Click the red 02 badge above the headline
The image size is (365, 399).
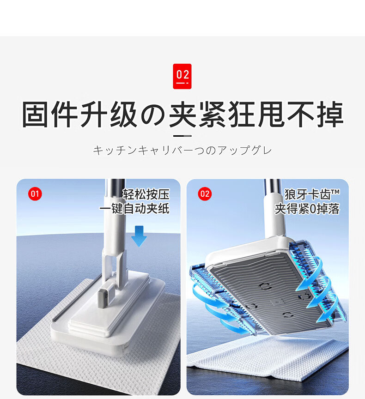click(x=182, y=76)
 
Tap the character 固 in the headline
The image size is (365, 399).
click(x=35, y=114)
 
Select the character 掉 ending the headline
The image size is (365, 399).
click(x=330, y=114)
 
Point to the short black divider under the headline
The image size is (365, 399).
click(x=182, y=136)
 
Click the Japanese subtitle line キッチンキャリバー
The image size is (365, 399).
click(x=182, y=150)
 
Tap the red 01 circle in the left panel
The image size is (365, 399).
click(x=35, y=193)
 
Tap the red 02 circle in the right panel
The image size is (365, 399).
click(x=205, y=193)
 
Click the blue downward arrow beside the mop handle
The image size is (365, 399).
click(x=139, y=236)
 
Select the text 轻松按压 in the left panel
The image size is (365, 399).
click(x=146, y=194)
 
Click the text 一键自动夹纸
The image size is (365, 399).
click(x=134, y=209)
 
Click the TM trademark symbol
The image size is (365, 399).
click(x=335, y=191)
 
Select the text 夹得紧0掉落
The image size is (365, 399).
click(x=307, y=209)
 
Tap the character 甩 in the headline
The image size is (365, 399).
click(x=271, y=114)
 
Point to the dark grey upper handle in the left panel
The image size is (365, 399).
click(x=116, y=187)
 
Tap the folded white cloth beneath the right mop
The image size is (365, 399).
click(x=267, y=356)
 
